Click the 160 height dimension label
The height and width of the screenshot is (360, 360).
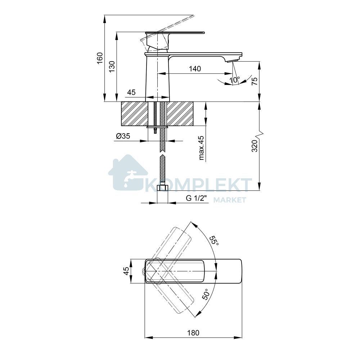100,58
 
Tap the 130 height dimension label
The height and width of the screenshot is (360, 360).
112,67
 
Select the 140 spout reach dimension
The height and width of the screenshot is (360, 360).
195,69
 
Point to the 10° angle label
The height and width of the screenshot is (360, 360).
234,80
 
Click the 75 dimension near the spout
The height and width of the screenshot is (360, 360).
255,81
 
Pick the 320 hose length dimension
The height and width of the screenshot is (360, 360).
255,145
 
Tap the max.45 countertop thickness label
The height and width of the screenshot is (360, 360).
201,148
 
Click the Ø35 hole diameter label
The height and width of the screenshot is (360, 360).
123,136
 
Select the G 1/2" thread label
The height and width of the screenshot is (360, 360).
197,198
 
